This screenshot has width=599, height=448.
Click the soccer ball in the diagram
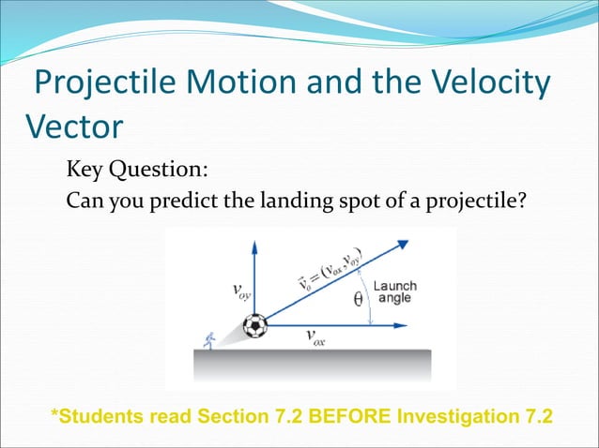click(254, 326)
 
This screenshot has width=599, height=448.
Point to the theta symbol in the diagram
click(358, 301)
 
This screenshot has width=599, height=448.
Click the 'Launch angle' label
click(395, 292)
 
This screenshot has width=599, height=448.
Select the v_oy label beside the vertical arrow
click(240, 291)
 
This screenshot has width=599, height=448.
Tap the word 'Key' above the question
click(84, 171)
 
